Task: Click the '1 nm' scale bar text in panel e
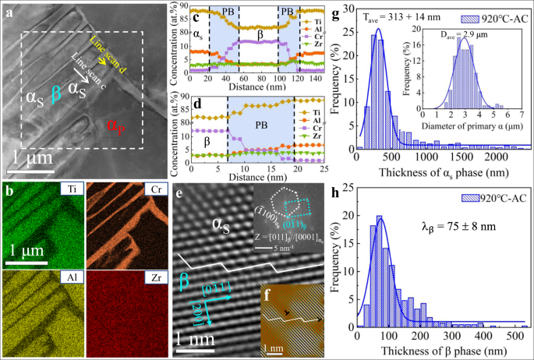(x=192, y=341)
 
